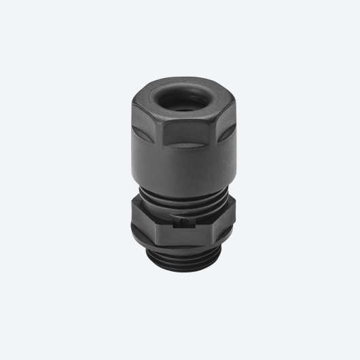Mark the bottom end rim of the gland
180,267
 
